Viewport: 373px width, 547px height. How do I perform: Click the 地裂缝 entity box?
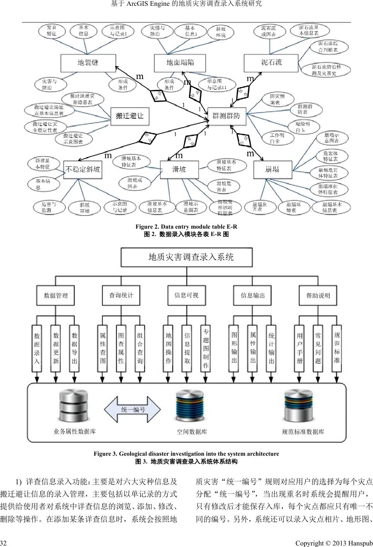pyautogui.click(x=88, y=63)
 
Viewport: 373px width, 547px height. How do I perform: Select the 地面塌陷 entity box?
pyautogui.click(x=180, y=63)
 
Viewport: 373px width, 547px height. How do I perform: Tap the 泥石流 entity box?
pyautogui.click(x=272, y=63)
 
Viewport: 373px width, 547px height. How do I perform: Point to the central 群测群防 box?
pyautogui.click(x=227, y=116)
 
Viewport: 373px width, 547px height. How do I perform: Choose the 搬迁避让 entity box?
pyautogui.click(x=130, y=116)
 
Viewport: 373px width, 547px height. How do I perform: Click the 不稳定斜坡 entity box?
pyautogui.click(x=83, y=169)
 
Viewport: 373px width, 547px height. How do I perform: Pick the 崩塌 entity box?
pyautogui.click(x=272, y=169)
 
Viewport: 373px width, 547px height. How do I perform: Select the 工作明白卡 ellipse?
pyautogui.click(x=277, y=138)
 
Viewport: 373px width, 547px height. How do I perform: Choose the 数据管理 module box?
pyautogui.click(x=56, y=296)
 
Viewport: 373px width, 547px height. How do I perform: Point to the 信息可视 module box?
pyautogui.click(x=187, y=296)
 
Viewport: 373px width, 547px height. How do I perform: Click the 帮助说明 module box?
pyautogui.click(x=318, y=296)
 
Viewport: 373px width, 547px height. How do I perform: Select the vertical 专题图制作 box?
pyautogui.click(x=206, y=349)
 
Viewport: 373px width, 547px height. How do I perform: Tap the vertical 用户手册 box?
pyautogui.click(x=299, y=349)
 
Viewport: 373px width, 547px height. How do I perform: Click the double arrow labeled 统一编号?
pyautogui.click(x=132, y=410)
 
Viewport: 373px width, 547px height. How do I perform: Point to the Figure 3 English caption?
pyautogui.click(x=186, y=454)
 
